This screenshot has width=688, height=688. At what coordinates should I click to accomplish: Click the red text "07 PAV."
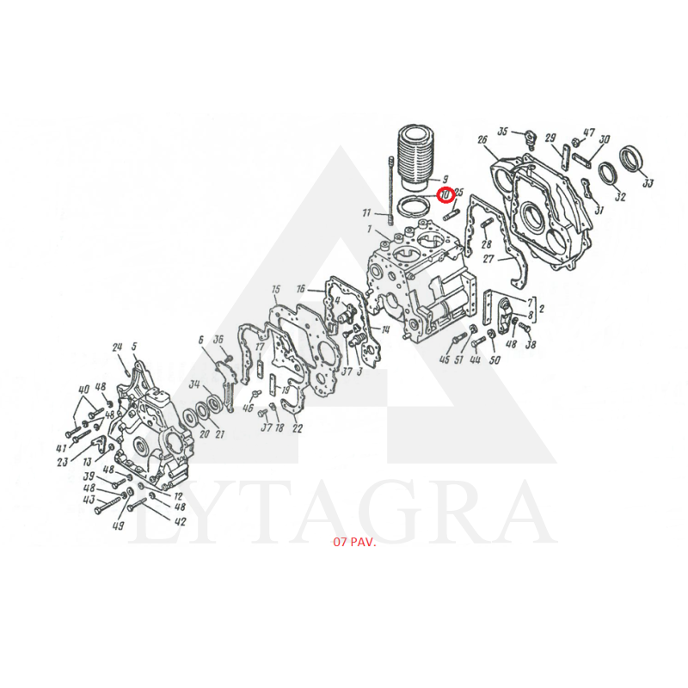[353, 544]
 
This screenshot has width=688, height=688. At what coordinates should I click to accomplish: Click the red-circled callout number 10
[445, 195]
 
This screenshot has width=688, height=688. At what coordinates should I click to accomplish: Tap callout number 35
[503, 131]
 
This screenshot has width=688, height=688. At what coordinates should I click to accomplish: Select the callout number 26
[482, 140]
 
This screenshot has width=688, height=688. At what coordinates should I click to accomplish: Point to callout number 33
[648, 182]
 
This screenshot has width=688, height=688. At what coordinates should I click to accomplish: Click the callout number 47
[589, 132]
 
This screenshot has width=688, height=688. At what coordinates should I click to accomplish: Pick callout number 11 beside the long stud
[366, 212]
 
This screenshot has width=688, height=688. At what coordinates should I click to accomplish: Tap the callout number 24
[118, 347]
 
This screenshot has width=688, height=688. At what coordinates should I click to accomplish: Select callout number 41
[62, 448]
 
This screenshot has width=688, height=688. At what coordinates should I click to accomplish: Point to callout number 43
[88, 500]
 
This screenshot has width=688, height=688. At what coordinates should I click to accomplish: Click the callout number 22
[298, 427]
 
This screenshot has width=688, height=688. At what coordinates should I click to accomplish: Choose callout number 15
[275, 289]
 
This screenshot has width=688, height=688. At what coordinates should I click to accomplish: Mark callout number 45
[445, 359]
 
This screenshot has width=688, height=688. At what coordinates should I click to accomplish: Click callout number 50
[494, 359]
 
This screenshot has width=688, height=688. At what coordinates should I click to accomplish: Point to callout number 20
[204, 433]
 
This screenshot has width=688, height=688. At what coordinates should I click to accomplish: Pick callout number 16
[301, 289]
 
